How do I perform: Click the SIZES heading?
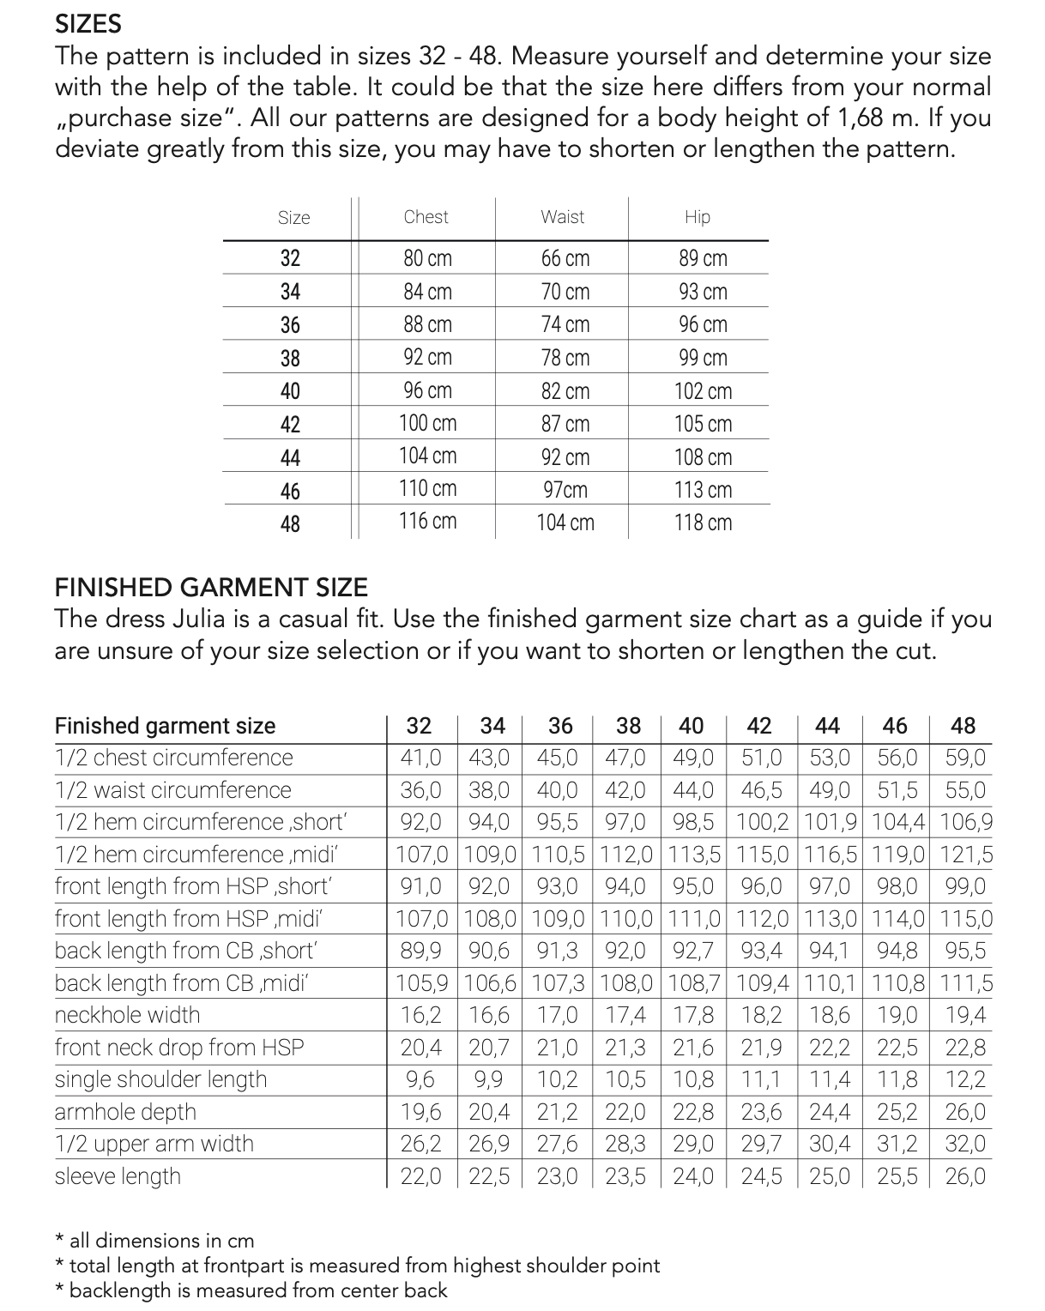click(88, 24)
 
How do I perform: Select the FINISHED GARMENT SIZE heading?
click(211, 588)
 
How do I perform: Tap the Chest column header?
click(426, 217)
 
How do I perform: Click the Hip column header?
click(698, 217)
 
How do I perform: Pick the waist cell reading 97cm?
click(565, 490)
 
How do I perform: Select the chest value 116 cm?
click(427, 522)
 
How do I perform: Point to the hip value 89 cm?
click(703, 258)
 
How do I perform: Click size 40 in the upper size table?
click(290, 391)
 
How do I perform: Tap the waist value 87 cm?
click(565, 424)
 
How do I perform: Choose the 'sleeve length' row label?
click(118, 1176)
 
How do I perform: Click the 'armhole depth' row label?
click(125, 1112)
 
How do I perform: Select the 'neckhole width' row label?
click(127, 1015)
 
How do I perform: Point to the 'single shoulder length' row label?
click(160, 1079)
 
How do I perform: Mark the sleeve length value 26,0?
click(965, 1176)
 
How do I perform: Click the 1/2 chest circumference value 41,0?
click(420, 758)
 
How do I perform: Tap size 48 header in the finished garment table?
click(963, 726)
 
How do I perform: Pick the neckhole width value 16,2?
click(420, 1016)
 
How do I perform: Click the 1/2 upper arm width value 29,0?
click(692, 1145)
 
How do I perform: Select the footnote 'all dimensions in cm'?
click(161, 1241)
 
